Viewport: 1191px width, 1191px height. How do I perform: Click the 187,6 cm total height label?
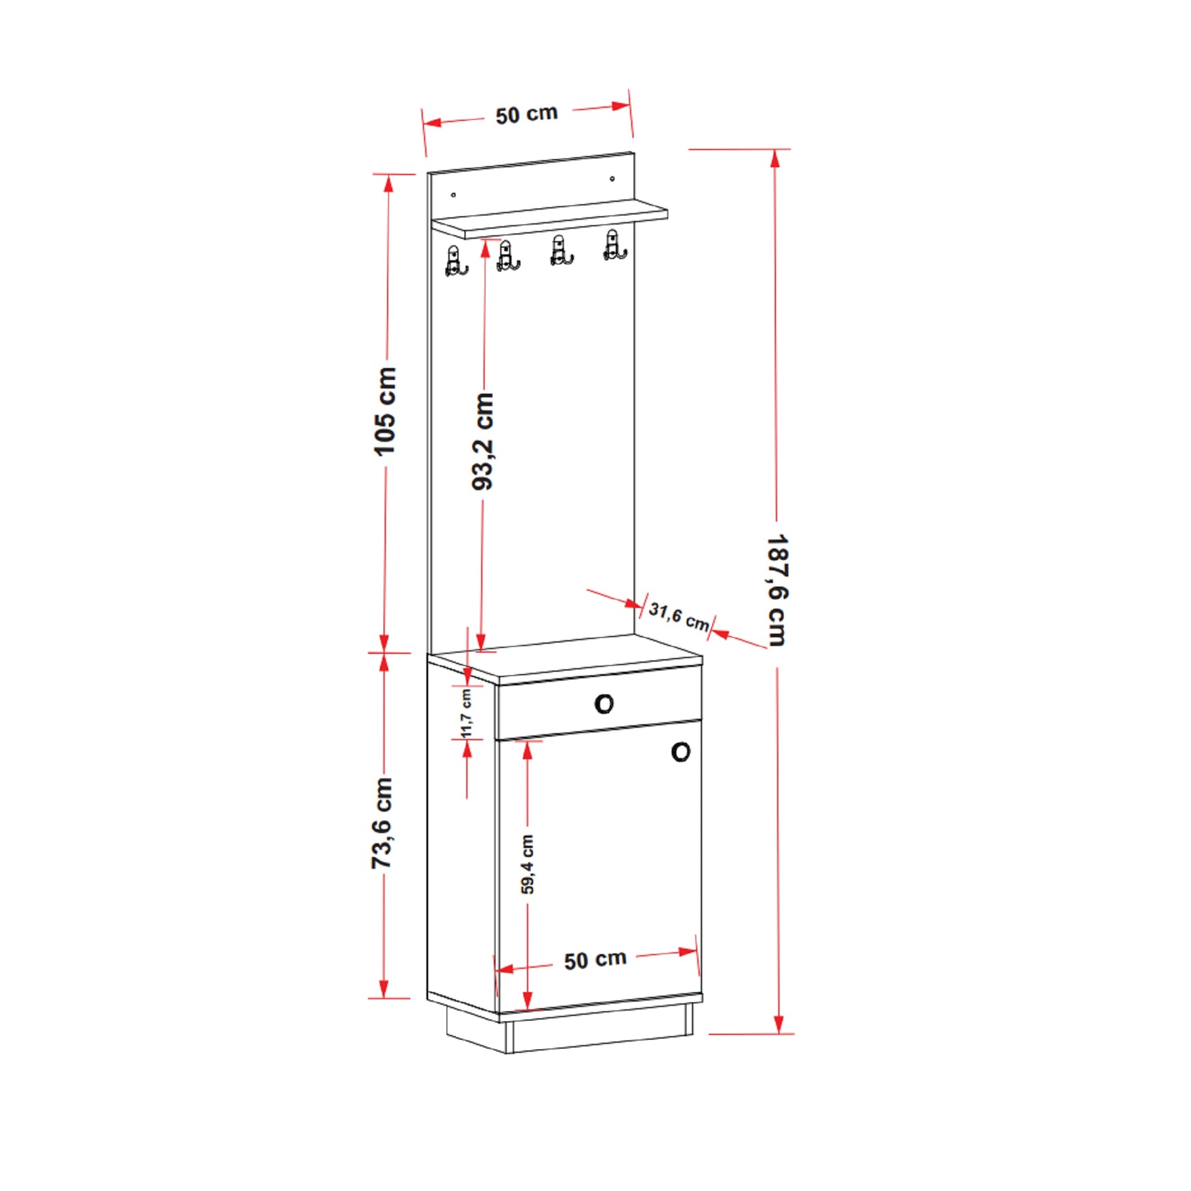[777, 590]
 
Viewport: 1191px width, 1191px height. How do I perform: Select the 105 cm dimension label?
[387, 411]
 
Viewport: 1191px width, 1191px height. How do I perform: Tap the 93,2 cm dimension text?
[483, 441]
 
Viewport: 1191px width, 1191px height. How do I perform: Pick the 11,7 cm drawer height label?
[466, 713]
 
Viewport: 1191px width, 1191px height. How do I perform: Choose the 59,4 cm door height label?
[528, 864]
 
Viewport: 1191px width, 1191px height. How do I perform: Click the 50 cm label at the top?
[526, 114]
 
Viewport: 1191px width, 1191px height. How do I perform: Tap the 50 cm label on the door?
[595, 960]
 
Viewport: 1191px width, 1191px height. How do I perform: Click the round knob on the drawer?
[604, 703]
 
